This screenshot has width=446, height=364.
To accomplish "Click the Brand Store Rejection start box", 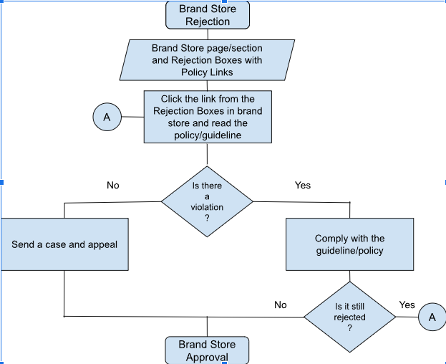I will pos(208,15).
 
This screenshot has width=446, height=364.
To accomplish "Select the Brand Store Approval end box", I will pos(207,350).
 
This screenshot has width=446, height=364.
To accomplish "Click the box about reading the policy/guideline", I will pos(207,116).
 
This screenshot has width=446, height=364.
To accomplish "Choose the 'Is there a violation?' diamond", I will pos(207,201).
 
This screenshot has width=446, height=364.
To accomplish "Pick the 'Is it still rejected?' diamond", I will pos(349,316).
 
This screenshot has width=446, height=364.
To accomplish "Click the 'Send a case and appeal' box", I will pos(64,244).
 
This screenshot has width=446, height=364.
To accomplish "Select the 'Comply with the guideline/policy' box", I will pos(349,244).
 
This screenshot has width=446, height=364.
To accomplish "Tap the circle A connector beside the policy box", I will pos(107,117).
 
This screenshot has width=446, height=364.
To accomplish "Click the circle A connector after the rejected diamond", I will pos(432,316).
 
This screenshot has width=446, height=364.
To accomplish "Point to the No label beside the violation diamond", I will pos(113,186).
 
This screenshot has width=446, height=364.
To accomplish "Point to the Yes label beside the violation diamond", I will pos(303,186).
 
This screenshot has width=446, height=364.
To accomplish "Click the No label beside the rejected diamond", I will pos(281,305).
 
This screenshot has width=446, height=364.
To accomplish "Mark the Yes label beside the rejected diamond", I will pos(407,305).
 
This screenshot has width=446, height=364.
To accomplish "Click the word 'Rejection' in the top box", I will pos(208,21).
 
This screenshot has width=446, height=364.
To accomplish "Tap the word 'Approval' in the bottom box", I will pos(207,357).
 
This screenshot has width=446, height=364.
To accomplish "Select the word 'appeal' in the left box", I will pos(101,244).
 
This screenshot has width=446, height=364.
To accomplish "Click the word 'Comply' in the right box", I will pos(331,239).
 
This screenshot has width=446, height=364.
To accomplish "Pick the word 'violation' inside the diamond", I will pos(207,207).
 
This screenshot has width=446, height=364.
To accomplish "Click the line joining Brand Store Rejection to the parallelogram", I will pos(208,33).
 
